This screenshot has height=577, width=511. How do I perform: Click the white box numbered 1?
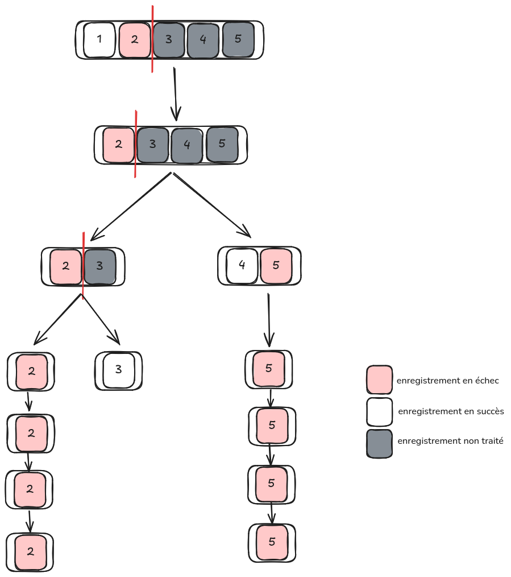tap(99, 40)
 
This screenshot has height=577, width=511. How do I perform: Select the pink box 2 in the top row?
tap(135, 40)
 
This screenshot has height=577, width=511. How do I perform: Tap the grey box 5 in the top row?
tap(238, 39)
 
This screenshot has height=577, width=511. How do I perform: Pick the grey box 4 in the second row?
tap(187, 145)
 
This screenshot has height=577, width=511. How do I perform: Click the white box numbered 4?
tap(242, 265)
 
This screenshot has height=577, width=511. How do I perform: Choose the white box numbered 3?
tap(119, 370)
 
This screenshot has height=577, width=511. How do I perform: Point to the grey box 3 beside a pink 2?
tap(100, 266)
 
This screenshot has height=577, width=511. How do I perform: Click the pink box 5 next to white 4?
tap(276, 265)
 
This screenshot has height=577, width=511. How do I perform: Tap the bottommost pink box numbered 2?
tap(31, 551)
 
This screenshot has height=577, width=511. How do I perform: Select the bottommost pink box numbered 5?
tap(272, 542)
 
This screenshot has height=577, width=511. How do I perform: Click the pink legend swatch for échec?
tap(379, 380)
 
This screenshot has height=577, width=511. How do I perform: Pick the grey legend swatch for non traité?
tap(379, 443)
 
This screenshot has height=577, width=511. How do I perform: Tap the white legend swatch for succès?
tap(379, 412)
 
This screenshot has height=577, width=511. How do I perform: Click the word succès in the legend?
tap(491, 411)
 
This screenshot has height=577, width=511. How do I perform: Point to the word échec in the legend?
tap(487, 380)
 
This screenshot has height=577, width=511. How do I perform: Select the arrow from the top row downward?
tap(176, 94)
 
